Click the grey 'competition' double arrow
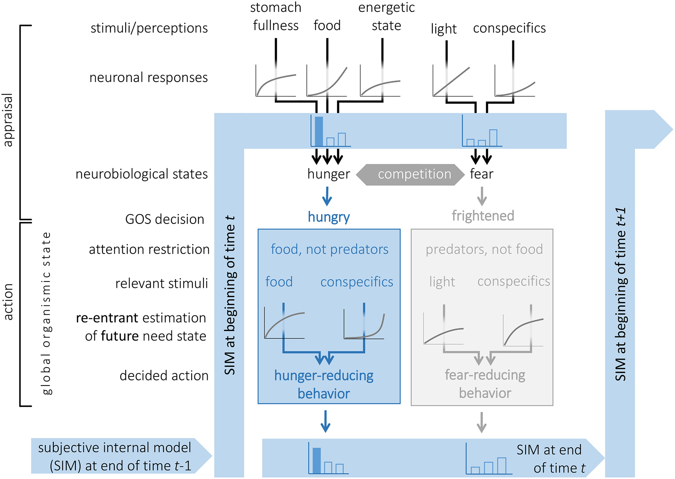410,175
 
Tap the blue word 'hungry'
329,217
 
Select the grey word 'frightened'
483,216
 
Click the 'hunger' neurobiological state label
328,174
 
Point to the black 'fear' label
481,174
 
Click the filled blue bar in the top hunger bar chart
319,131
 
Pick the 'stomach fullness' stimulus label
276,16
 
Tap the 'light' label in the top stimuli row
444,29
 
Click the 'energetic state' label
386,16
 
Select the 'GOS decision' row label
165,219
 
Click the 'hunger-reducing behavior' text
324,384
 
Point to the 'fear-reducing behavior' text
485,384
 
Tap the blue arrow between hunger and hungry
327,196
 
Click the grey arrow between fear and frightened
482,196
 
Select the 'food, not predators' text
330,249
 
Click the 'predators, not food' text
484,249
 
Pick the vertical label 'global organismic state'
46,313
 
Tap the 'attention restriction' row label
149,249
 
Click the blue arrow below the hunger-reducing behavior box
325,421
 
